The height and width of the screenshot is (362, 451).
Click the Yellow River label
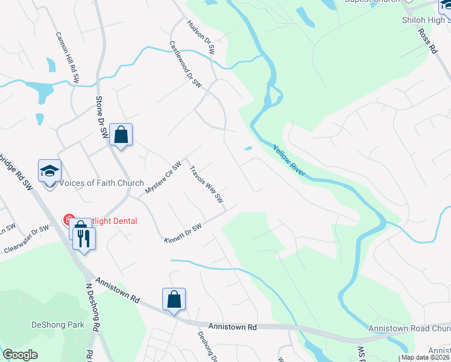click(x=289, y=162)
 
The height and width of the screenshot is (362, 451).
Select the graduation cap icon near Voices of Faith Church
click(x=50, y=171)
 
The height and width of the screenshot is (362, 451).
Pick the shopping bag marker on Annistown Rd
click(x=174, y=299)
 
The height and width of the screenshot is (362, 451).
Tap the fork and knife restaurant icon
click(x=84, y=238)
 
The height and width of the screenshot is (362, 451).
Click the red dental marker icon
click(x=69, y=221)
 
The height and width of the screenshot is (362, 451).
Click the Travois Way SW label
click(x=207, y=185)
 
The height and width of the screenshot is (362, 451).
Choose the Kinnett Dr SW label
click(x=182, y=232)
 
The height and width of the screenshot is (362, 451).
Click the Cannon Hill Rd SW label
click(x=68, y=57)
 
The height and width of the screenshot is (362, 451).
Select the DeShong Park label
click(x=58, y=325)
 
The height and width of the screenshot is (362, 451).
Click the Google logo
click(x=20, y=355)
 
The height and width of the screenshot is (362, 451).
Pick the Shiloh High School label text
click(x=426, y=20)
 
